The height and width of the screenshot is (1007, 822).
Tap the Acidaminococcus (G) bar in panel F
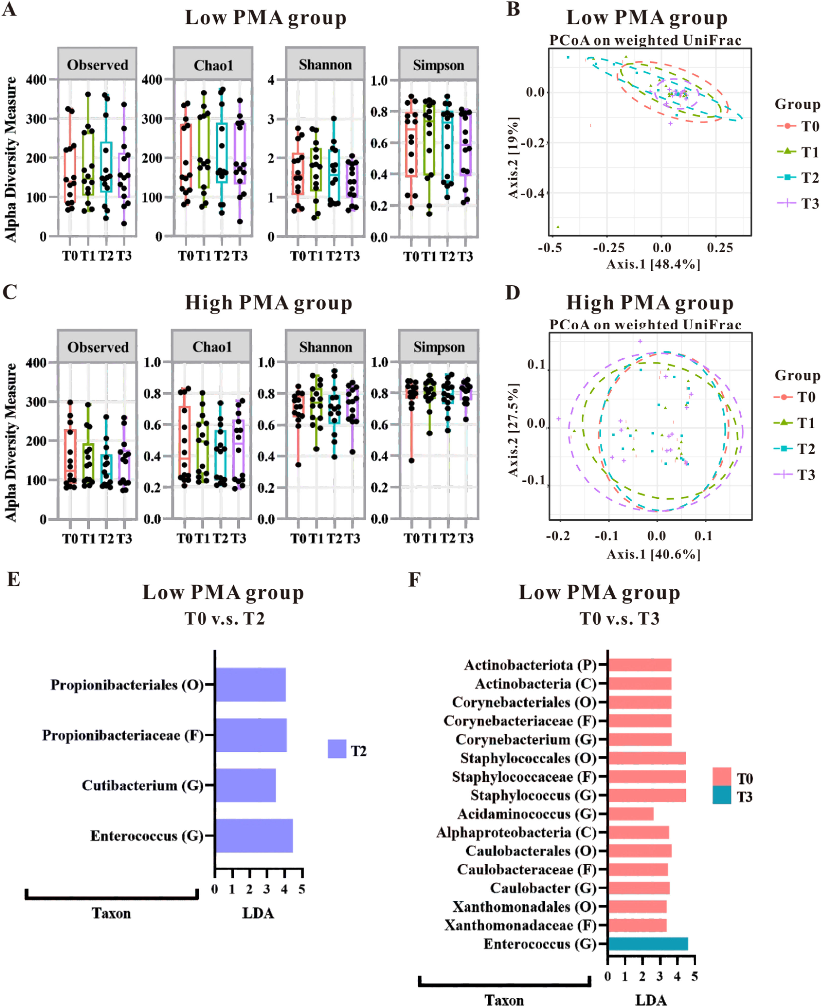tap(631, 814)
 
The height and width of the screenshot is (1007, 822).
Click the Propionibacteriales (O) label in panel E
tap(127, 685)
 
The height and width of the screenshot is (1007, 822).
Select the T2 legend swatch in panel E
tap(337, 749)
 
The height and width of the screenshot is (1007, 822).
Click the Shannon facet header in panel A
tap(325, 64)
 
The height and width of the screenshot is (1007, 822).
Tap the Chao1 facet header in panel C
tap(212, 347)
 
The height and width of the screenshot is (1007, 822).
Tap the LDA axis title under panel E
tap(258, 913)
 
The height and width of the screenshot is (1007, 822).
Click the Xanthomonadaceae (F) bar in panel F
tap(637, 925)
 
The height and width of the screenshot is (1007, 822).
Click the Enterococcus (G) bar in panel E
tap(254, 836)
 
